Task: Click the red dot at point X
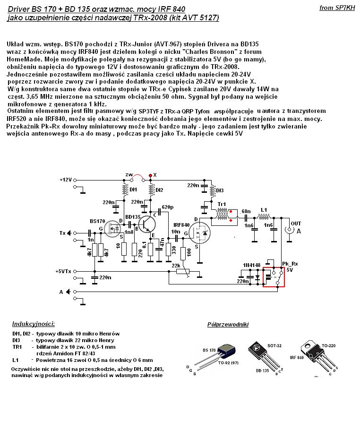[150, 175]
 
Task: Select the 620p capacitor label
[167, 207]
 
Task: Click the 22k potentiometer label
[176, 266]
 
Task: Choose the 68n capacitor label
[246, 211]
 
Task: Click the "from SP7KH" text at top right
[337, 8]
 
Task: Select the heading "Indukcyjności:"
[33, 324]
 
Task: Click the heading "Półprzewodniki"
[228, 325]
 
